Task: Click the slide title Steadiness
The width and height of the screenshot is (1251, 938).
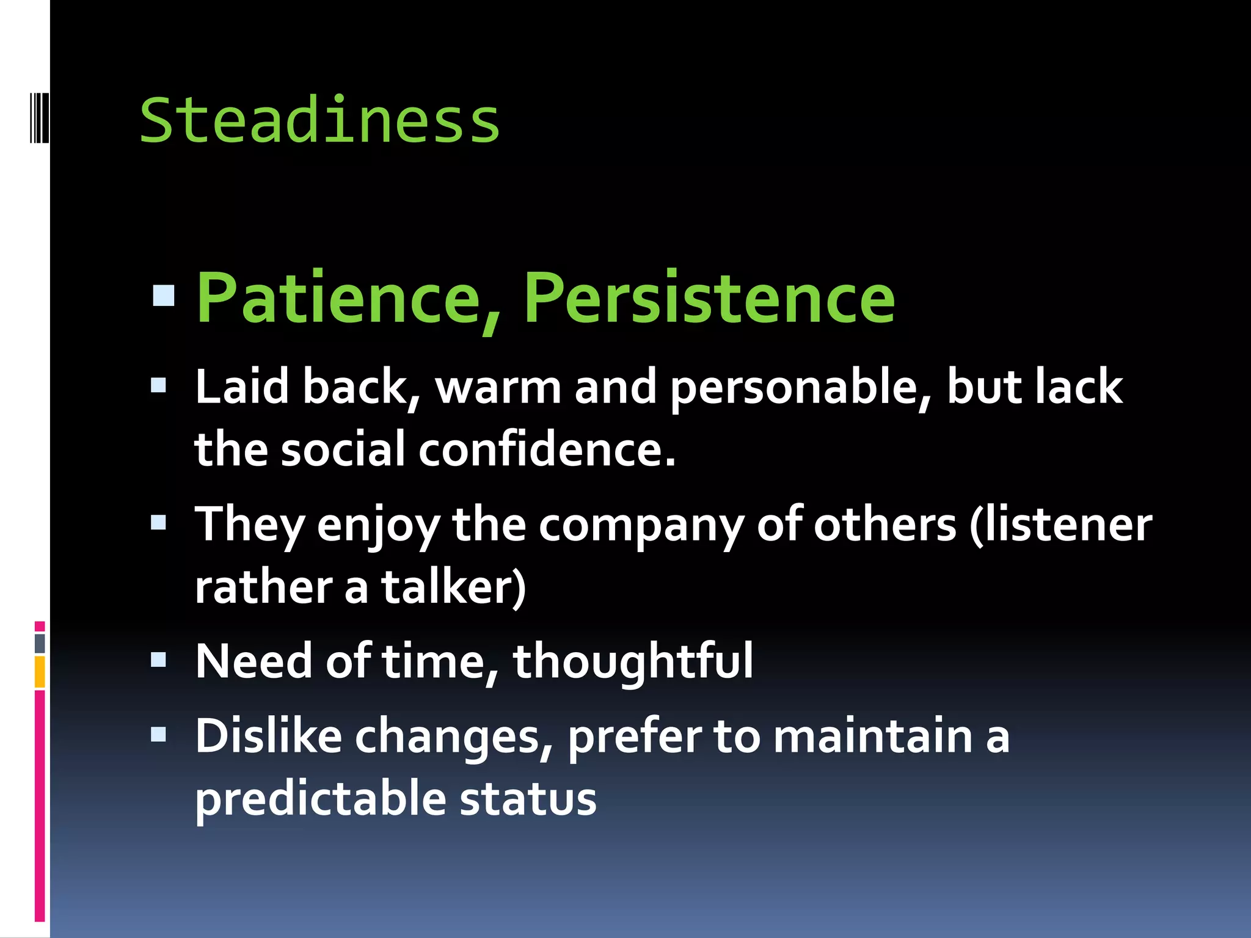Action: point(319,121)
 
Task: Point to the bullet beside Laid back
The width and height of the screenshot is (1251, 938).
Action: point(159,385)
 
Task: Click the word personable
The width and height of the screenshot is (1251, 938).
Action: point(800,388)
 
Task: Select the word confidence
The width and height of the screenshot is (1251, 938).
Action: point(547,450)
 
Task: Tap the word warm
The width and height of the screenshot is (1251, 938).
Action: point(498,388)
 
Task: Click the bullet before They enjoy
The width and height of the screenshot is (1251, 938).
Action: point(159,522)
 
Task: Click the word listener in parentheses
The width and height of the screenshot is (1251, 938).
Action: point(1066,526)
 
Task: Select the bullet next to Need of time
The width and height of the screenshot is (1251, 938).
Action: point(159,660)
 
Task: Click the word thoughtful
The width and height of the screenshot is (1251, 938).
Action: point(633,662)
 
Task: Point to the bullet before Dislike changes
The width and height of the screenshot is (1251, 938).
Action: point(159,734)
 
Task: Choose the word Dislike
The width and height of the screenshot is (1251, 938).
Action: point(269,736)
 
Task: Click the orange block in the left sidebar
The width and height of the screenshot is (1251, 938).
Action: point(40,672)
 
